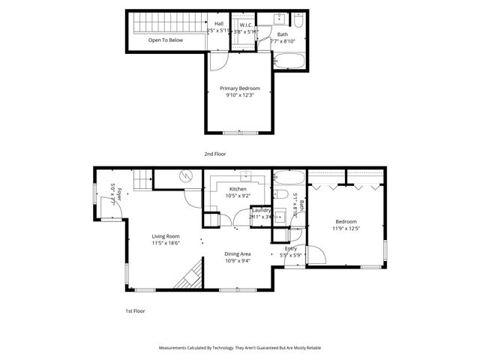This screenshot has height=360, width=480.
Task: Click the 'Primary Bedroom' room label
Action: [x=239, y=88]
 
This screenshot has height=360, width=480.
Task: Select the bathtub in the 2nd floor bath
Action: [x=289, y=61]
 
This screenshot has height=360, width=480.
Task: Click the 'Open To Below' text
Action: [x=165, y=40]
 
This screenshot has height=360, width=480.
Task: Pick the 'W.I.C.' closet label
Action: [x=244, y=25]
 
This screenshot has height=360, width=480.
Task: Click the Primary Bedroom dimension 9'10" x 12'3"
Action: [x=239, y=95]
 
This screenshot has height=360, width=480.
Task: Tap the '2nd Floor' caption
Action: [x=214, y=154]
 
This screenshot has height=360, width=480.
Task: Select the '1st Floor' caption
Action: [x=136, y=310]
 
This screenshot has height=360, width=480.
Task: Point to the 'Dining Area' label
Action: [x=238, y=254]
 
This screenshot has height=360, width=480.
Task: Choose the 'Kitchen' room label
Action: [x=238, y=189]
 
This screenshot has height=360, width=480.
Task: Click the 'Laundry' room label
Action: [x=260, y=210]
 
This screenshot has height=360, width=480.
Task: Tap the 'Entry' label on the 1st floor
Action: [x=291, y=248]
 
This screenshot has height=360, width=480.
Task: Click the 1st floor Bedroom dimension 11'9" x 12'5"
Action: [x=346, y=228]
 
